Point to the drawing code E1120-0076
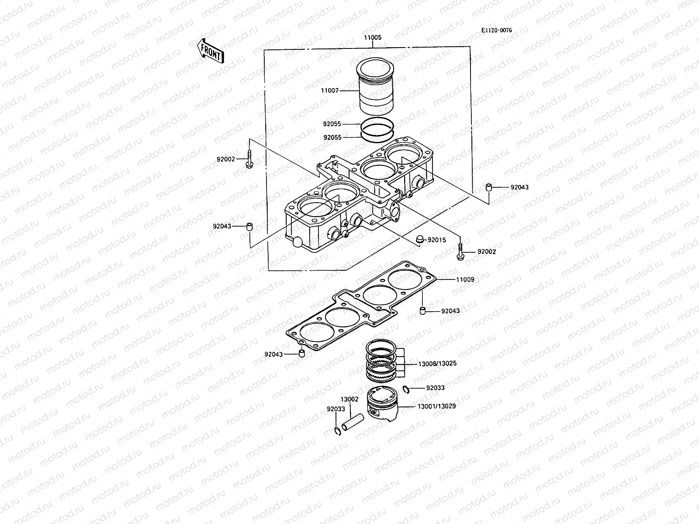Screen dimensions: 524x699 tap(496, 31)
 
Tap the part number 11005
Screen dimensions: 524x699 tap(372, 38)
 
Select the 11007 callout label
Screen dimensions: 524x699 tap(330, 90)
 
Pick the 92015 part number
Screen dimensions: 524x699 tap(436, 240)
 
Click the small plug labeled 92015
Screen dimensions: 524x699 tap(420, 239)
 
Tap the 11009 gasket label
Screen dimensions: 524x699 tap(465, 279)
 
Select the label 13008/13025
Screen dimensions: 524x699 tap(437, 363)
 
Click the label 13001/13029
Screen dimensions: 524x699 tap(437, 406)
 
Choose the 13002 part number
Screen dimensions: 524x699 tap(349, 399)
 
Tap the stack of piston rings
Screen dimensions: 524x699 tap(381, 360)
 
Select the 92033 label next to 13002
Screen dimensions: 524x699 tap(336, 409)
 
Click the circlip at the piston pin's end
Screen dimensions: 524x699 tap(338, 431)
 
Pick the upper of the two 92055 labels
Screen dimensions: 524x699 tap(332, 124)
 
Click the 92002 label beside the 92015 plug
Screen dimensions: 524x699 tap(486, 252)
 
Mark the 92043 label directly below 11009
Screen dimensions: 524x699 tap(450, 311)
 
